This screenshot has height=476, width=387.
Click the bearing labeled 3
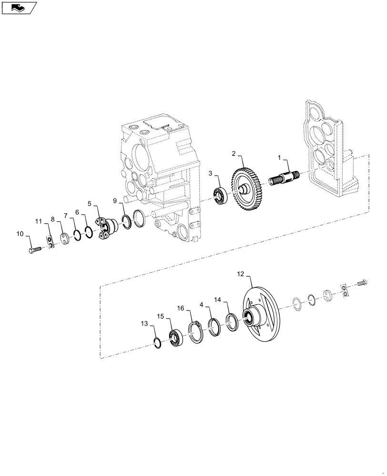pos(221,197)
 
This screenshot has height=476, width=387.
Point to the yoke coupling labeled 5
pos(107,228)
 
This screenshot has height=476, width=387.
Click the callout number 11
pos(39,221)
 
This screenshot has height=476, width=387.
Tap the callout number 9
pos(115,201)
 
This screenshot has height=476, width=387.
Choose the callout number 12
pos(240,274)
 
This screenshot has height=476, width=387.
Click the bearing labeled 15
pos(176,337)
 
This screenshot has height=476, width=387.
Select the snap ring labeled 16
pos(195,332)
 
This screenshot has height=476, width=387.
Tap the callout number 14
pos(218,300)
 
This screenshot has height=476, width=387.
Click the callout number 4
pos(202,304)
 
